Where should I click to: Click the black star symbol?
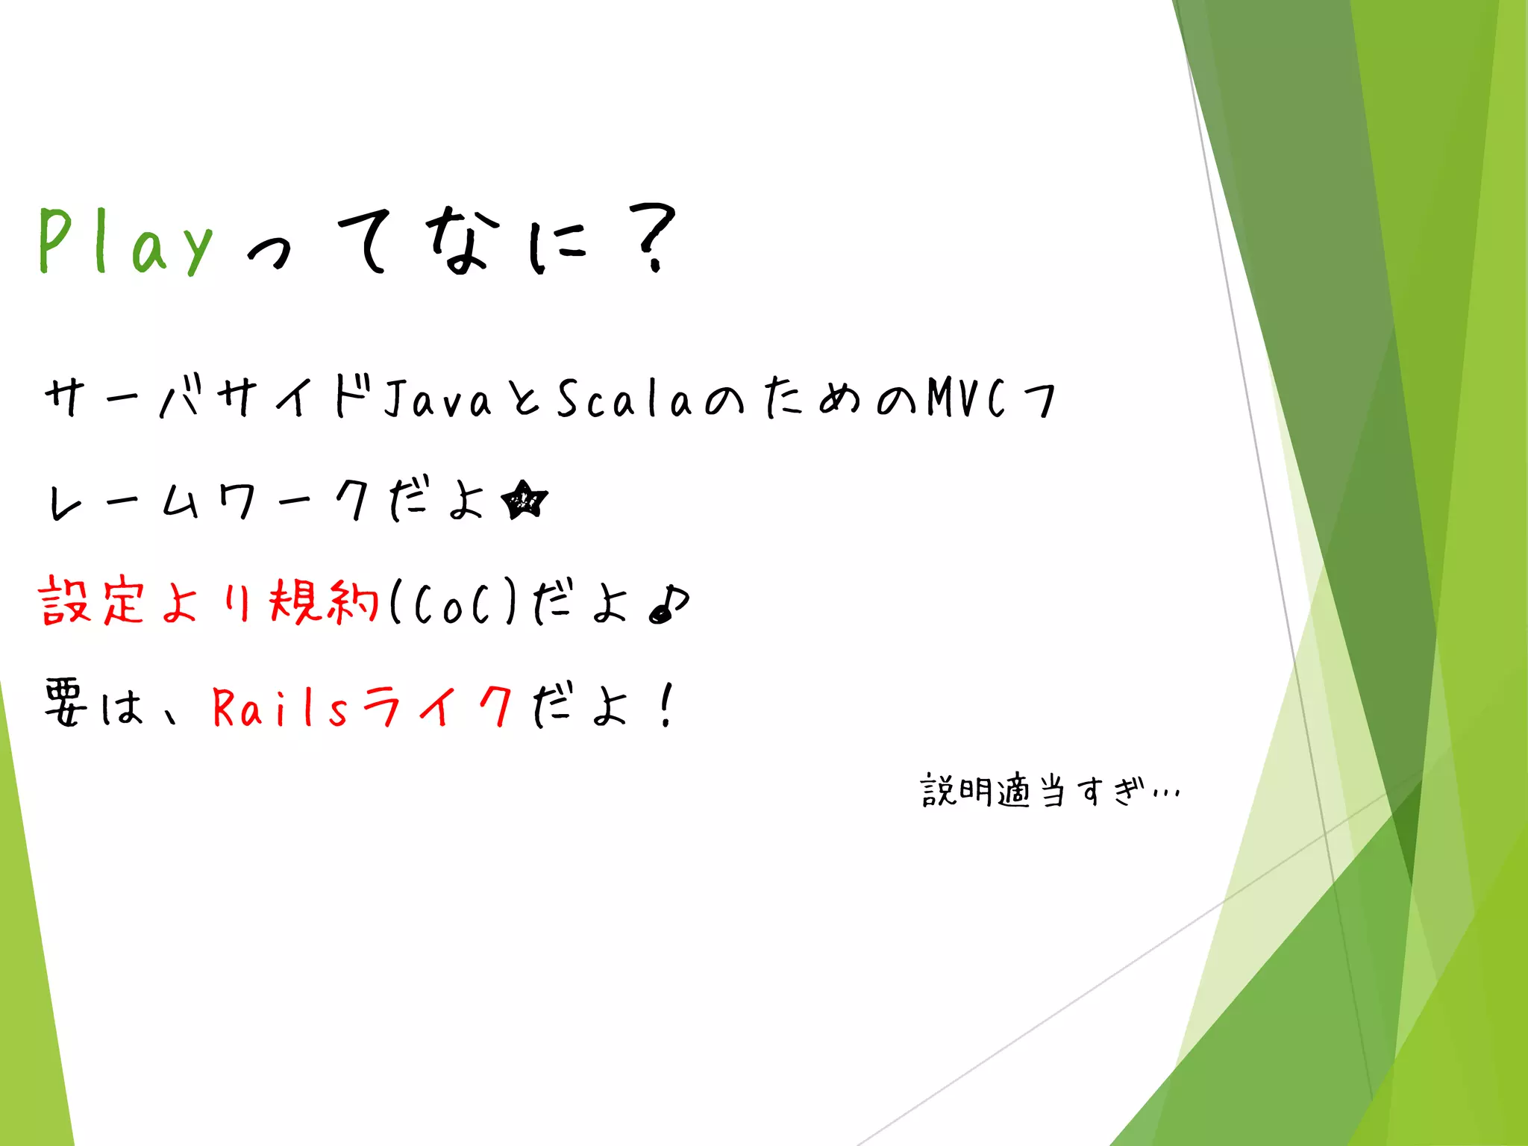[x=525, y=501]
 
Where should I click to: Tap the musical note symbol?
[x=669, y=603]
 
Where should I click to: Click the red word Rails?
[x=280, y=707]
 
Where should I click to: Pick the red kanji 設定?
[x=91, y=601]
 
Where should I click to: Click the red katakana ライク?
[x=438, y=706]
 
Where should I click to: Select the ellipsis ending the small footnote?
[x=1166, y=794]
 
